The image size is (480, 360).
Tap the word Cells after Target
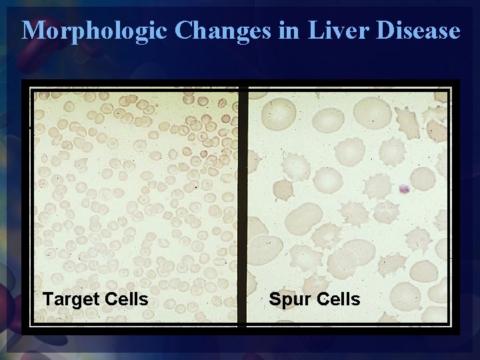[124, 299]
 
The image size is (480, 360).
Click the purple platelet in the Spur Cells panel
[403, 189]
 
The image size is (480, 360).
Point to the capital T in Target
[47, 299]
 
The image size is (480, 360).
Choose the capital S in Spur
[275, 299]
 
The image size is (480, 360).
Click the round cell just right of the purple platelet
[423, 179]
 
